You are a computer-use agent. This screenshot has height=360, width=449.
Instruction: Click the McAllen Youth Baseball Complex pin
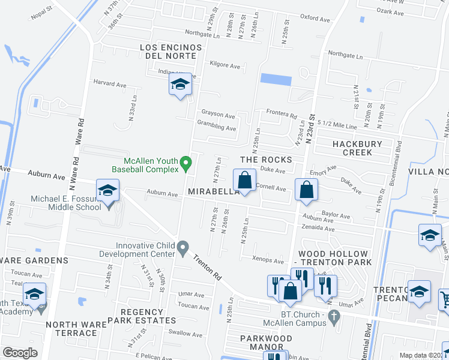(x=186, y=161)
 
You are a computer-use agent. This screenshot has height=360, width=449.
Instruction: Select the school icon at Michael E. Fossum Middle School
(x=108, y=191)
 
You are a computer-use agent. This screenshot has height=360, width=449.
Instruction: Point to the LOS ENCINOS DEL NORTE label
(x=168, y=51)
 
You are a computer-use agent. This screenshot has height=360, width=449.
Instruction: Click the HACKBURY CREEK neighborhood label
(x=349, y=148)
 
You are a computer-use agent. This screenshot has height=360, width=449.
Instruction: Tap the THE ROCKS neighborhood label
(x=266, y=160)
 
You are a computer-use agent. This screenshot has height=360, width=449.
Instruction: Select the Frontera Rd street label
(x=282, y=114)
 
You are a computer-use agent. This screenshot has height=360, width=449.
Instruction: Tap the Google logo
(x=20, y=353)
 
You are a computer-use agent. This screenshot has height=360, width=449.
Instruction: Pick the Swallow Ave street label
(x=185, y=334)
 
